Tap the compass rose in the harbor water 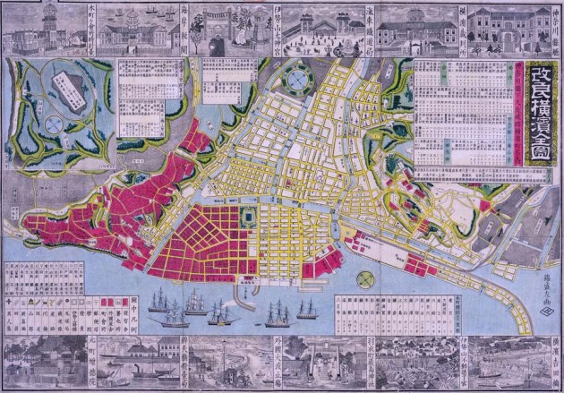[363, 280]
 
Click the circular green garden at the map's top [297, 83]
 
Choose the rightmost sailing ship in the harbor [307, 309]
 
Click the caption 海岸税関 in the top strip [184, 29]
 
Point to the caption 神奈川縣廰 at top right [552, 30]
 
